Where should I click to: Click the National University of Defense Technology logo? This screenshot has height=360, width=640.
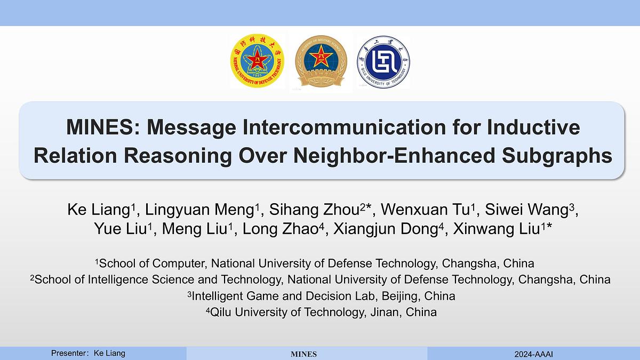[x=258, y=61]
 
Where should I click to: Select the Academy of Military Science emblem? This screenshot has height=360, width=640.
[x=321, y=61]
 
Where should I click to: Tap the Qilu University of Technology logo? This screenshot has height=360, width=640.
[x=383, y=62]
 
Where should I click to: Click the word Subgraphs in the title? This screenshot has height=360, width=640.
[x=557, y=156]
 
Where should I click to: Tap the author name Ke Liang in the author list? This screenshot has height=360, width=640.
[x=99, y=210]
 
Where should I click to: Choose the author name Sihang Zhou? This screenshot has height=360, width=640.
[x=314, y=210]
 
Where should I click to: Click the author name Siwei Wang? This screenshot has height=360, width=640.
[x=526, y=210]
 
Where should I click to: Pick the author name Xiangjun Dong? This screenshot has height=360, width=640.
[x=386, y=229]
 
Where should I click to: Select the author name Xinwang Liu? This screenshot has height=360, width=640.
[x=497, y=229]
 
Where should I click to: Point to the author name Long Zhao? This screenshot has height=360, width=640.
[x=281, y=229]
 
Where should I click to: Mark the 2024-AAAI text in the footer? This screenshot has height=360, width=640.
[x=534, y=354]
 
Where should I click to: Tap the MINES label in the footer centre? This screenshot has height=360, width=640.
[x=303, y=354]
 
